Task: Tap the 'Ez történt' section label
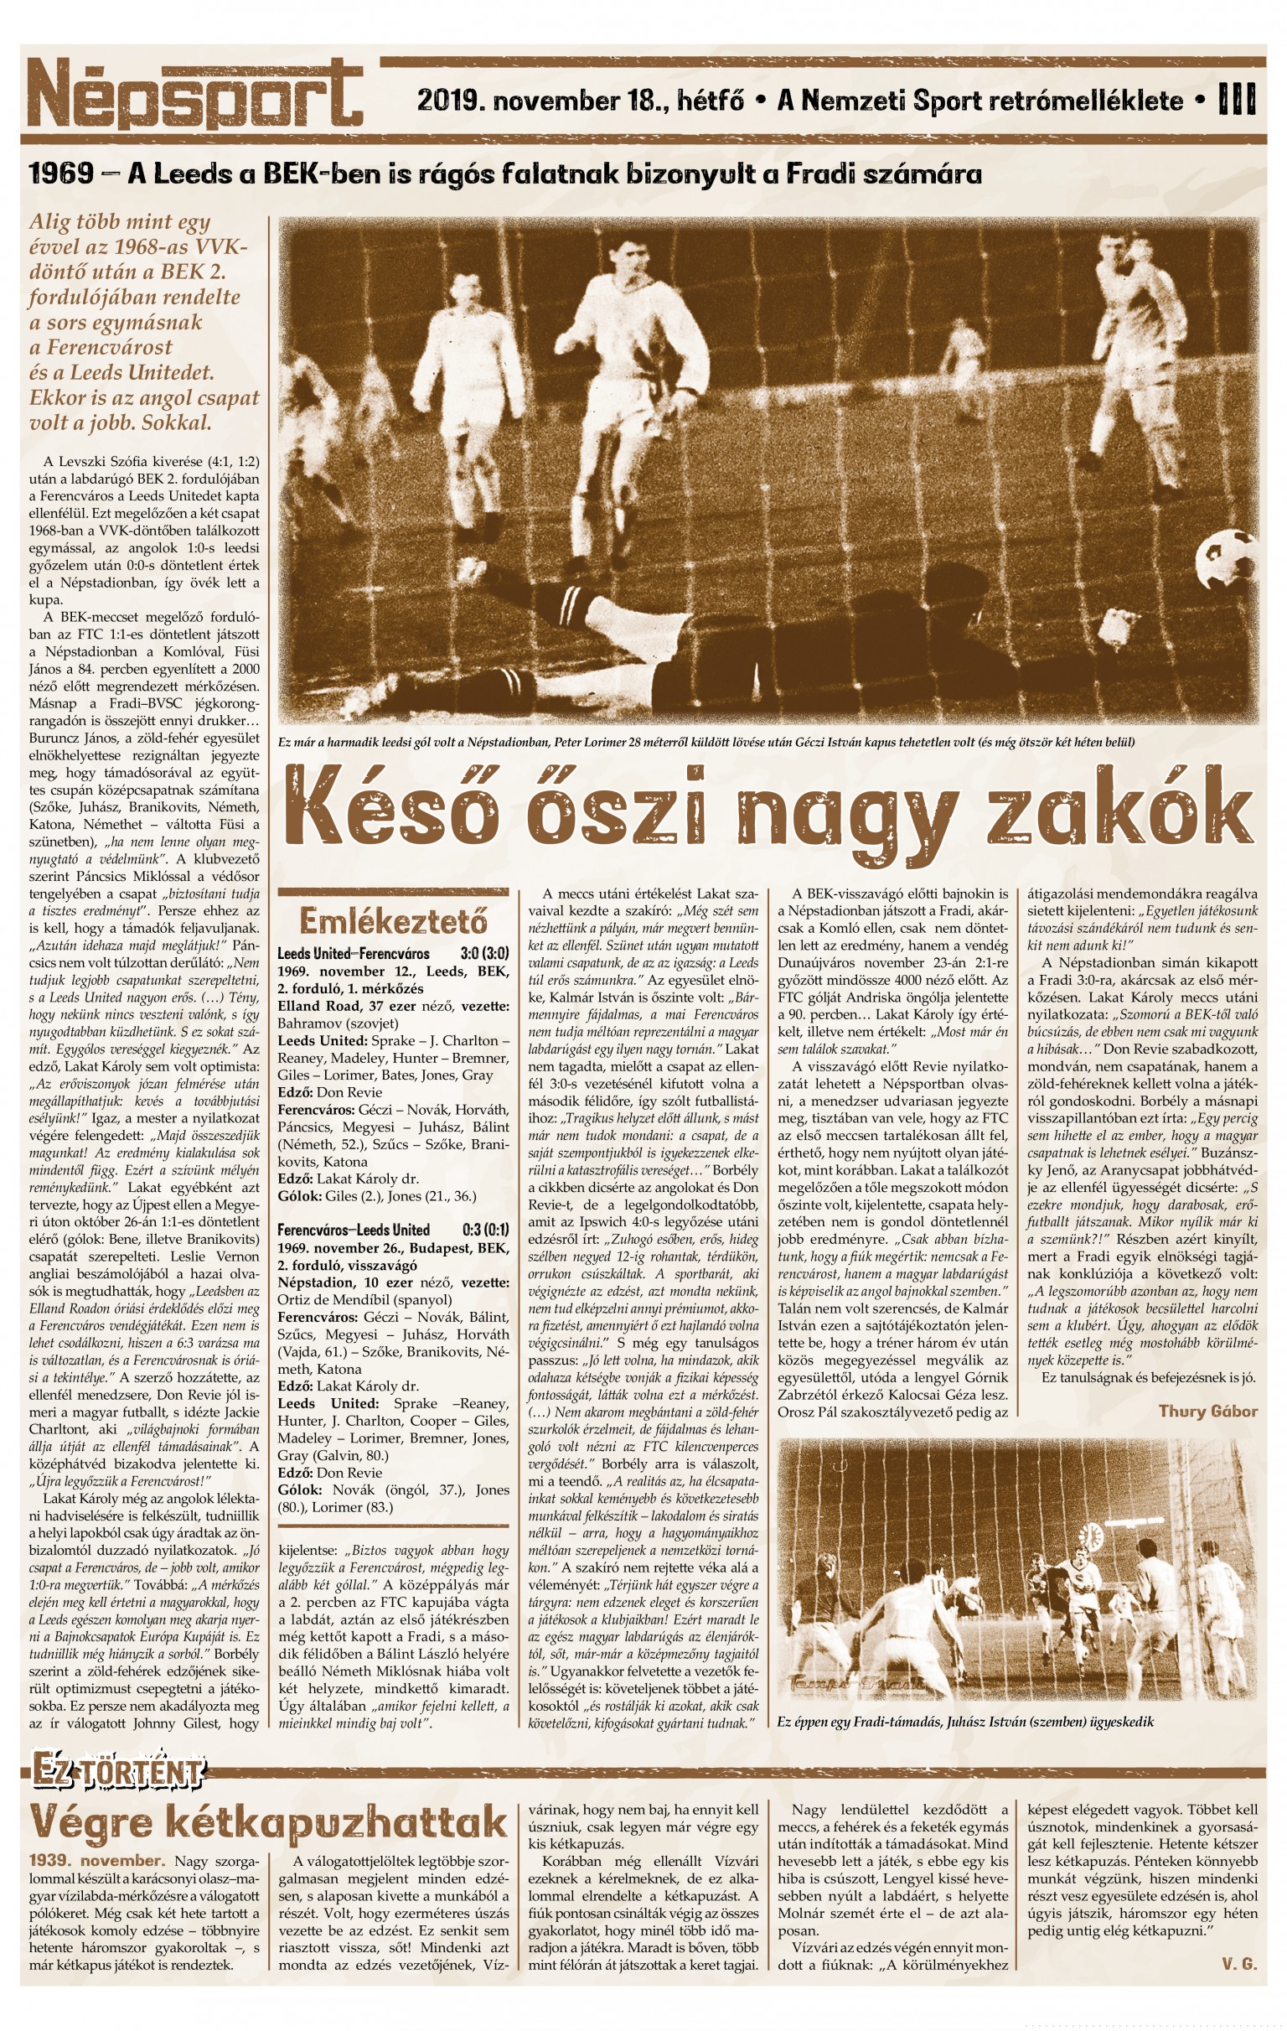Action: click(118, 1770)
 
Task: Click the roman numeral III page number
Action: click(1237, 101)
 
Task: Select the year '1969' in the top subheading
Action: click(60, 174)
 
